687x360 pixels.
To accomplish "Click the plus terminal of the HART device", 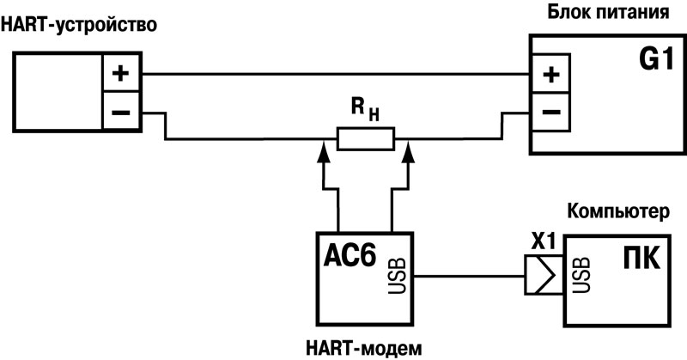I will pos(123,74).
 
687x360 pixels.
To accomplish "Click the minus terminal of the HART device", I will pos(123,113).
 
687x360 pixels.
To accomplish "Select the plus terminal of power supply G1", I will pos(550,74).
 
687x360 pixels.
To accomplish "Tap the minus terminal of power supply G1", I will pos(550,112).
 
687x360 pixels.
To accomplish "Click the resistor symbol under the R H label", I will pos(365,138).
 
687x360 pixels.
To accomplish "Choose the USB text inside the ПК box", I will pos(580,275).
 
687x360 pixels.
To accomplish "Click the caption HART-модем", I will pos(364,348).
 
